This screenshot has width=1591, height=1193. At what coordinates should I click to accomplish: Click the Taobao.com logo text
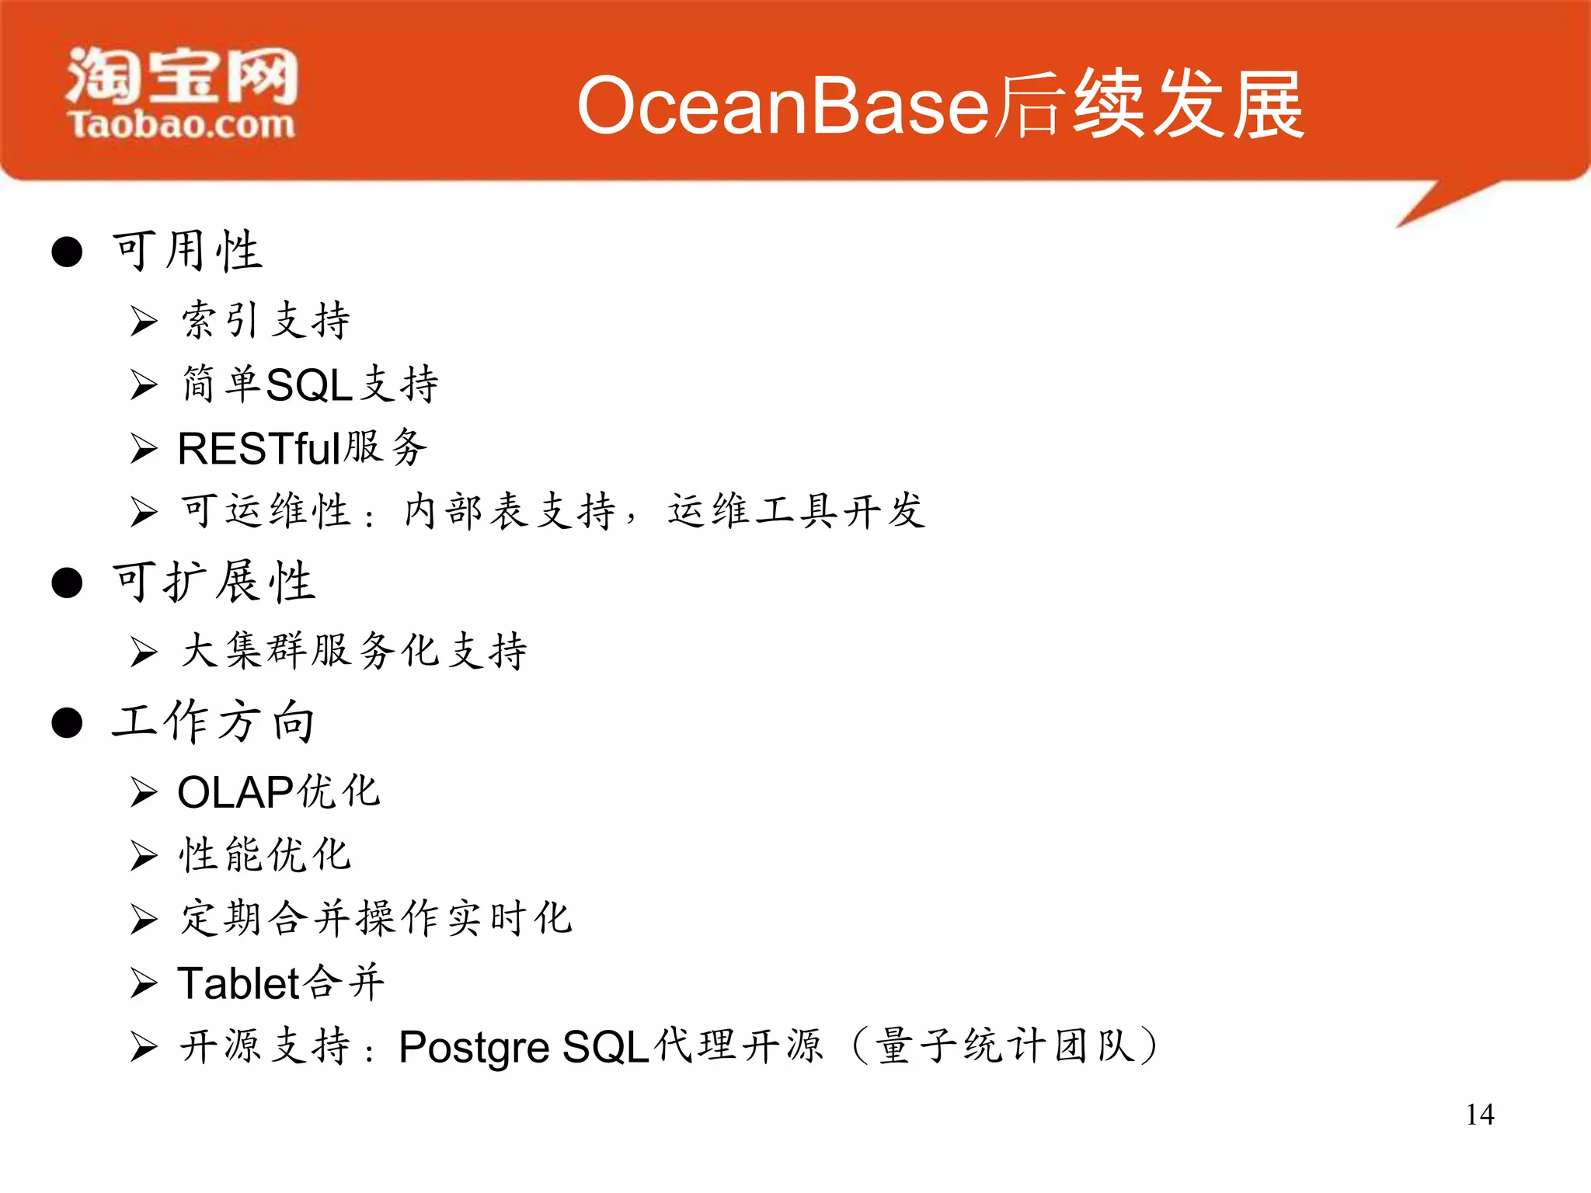[182, 124]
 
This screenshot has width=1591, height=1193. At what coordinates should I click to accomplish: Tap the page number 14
[1479, 1115]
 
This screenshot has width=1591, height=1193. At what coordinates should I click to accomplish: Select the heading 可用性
[188, 251]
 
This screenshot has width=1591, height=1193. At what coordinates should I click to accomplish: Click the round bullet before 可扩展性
[68, 583]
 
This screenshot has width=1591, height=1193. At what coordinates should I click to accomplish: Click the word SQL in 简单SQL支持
[309, 384]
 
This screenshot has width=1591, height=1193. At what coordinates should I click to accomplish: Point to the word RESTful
[259, 449]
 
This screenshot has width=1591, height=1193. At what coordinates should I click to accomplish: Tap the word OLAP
[235, 792]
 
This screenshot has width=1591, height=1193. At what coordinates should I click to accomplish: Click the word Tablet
[238, 983]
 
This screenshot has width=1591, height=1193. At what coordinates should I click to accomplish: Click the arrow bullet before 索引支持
[144, 321]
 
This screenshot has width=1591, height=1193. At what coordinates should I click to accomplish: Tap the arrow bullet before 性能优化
[144, 856]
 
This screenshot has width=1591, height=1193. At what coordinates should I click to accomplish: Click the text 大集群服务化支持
[354, 651]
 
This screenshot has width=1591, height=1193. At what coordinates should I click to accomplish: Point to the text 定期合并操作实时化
[377, 919]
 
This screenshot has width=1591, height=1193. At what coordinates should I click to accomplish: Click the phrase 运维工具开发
[796, 512]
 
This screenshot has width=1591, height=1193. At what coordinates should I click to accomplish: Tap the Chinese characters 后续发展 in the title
[1150, 106]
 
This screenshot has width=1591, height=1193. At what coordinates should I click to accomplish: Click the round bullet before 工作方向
[68, 722]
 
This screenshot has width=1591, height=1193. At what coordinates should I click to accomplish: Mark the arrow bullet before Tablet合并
[144, 983]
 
